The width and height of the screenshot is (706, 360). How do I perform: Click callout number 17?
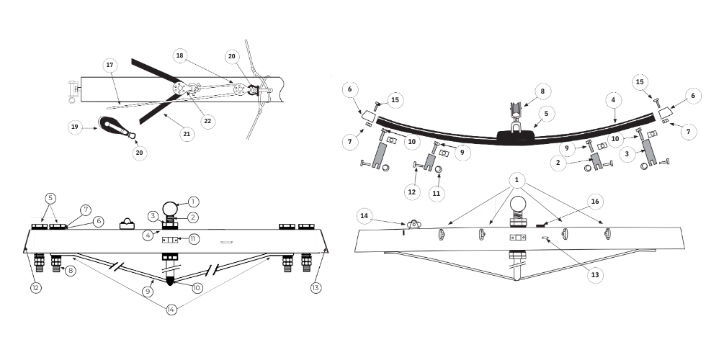pos(110,66)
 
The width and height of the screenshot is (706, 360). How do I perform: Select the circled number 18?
pos(179,56)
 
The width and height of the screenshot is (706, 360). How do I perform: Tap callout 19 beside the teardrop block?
pos(75,127)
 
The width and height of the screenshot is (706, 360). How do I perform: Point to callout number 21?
pos(187,134)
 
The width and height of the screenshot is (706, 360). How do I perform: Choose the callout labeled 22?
pos(207,121)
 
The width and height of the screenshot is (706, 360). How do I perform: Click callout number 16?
pos(595,202)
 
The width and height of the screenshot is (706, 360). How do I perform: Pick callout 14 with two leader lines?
pos(171,310)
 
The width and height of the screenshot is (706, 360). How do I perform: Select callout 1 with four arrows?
pos(517,180)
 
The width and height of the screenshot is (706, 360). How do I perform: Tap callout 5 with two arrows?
pos(51,198)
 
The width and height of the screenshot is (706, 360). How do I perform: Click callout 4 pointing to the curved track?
pos(613,100)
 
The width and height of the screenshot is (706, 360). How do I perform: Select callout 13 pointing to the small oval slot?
pos(595,274)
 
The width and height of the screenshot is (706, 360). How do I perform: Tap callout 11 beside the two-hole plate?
pos(193,238)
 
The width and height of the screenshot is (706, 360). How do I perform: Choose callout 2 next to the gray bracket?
pos(558,163)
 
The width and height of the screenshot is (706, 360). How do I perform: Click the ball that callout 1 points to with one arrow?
pos(171,209)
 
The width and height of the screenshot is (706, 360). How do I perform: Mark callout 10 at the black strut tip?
pos(197,288)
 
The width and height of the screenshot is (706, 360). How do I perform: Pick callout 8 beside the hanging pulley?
pos(542,91)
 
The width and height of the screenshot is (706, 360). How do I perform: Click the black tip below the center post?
pos(170,282)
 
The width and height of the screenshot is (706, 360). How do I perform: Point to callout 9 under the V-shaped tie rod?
pos(148,292)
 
